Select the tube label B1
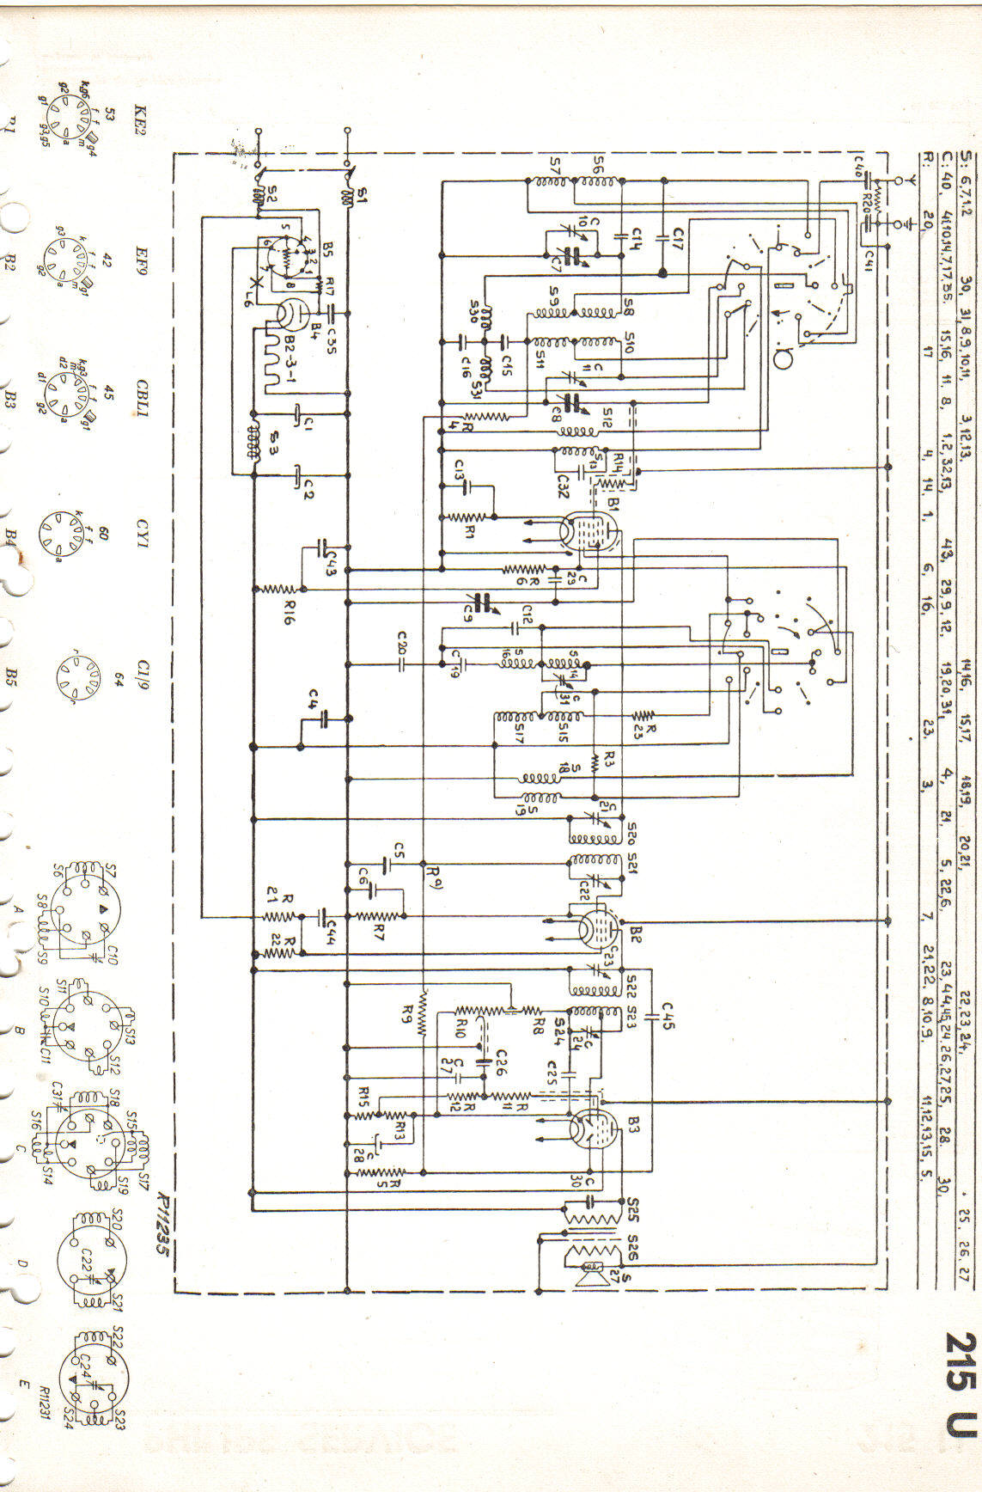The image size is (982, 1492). (613, 499)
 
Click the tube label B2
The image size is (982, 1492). (635, 932)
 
